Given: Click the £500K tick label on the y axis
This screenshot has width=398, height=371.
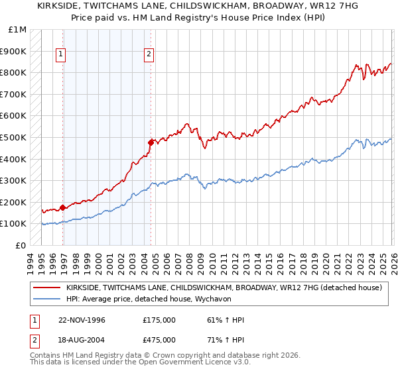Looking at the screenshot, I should click(13, 137).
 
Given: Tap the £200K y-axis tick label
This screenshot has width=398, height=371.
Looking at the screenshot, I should click(13, 202).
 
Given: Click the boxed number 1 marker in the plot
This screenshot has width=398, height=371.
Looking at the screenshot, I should click(61, 55).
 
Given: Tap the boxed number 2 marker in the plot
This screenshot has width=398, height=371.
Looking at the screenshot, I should click(149, 55).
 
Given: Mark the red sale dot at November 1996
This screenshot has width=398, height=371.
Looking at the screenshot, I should click(63, 207).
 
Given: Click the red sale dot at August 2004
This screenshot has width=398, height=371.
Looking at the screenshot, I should click(151, 142).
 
